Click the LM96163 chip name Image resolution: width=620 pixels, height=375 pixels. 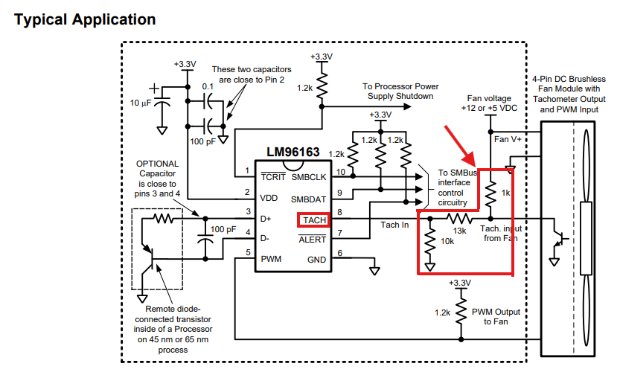point(293,152)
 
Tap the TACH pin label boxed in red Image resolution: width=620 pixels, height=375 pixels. point(314,220)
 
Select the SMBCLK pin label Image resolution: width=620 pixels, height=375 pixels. point(309,177)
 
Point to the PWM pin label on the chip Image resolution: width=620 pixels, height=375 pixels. point(271,259)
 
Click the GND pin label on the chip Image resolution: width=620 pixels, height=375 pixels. point(317,260)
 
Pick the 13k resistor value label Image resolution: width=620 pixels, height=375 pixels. point(459,231)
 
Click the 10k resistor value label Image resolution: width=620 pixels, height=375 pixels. point(447,241)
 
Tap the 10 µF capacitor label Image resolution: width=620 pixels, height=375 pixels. point(141,103)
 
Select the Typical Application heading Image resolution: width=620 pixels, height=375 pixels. point(85,20)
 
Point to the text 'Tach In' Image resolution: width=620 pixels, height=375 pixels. point(394,225)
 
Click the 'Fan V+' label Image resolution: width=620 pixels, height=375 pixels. point(508,139)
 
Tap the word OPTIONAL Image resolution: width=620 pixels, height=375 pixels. point(157,164)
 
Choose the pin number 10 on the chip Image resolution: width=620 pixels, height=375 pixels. point(340,172)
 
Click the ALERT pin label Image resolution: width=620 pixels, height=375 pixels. point(313,240)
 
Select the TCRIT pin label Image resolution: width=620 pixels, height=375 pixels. point(273,177)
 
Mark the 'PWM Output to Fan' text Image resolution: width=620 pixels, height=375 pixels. point(496,316)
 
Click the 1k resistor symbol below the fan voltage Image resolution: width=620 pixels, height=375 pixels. point(490,193)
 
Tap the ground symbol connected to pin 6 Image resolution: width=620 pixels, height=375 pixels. point(374,271)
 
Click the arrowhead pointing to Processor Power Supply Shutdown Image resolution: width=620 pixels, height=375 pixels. point(407,106)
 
